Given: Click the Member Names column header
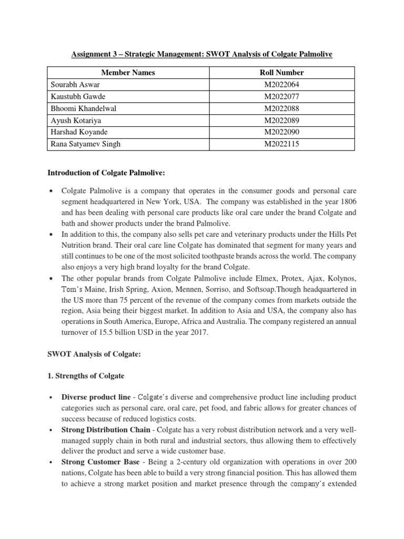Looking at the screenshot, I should pyautogui.click(x=128, y=73).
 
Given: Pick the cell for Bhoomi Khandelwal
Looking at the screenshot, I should pyautogui.click(x=83, y=108).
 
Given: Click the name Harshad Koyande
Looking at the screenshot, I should pyautogui.click(x=79, y=132).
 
